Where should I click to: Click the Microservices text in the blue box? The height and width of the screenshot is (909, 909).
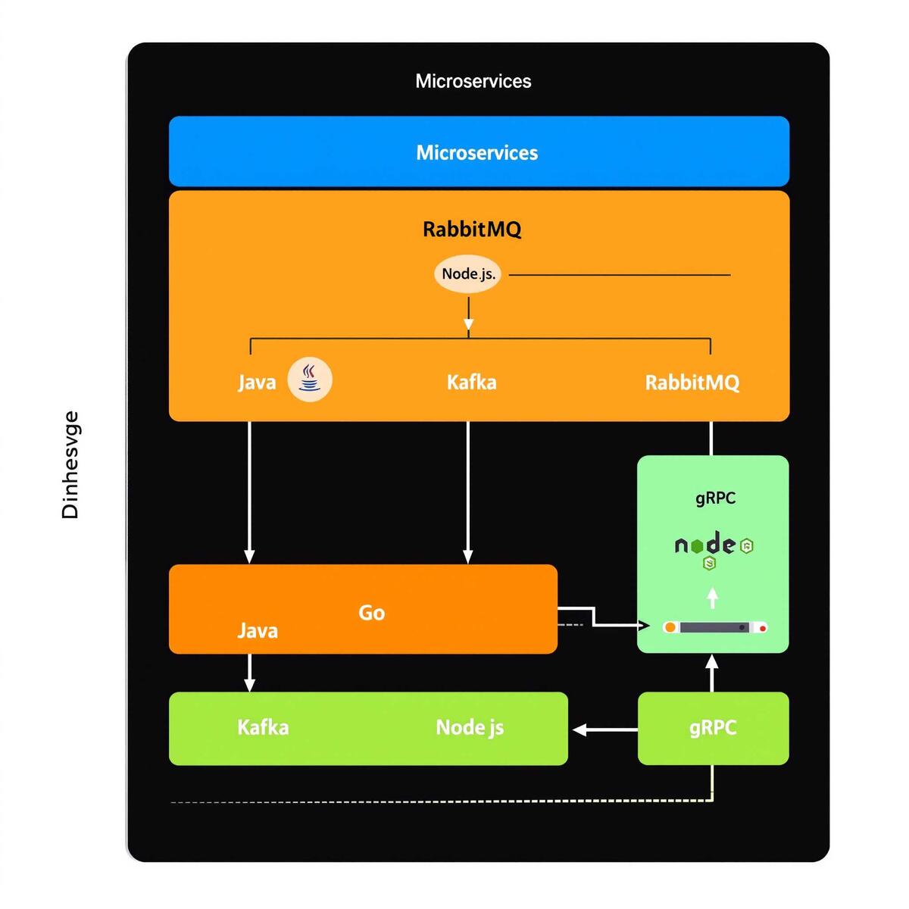tap(477, 152)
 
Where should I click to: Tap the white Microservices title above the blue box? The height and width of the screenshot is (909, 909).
tap(473, 81)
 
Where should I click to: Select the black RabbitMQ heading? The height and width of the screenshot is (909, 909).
tap(472, 229)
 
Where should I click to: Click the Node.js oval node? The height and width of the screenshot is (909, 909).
tap(468, 273)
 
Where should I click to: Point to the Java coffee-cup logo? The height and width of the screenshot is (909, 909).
tap(310, 379)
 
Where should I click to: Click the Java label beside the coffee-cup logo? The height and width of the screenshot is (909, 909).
tap(257, 382)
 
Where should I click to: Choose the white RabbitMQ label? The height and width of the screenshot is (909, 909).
tap(692, 382)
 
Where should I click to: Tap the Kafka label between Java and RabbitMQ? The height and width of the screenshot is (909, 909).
tap(471, 382)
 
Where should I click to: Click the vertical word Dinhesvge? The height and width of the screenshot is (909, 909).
tap(70, 464)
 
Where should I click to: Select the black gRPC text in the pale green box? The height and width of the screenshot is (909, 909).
tap(715, 498)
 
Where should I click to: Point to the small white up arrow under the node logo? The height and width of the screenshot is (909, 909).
tap(712, 598)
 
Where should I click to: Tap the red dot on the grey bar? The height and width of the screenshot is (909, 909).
tap(763, 628)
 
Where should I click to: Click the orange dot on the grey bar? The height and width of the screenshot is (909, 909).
tap(670, 628)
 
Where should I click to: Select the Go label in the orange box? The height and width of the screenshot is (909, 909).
tap(371, 612)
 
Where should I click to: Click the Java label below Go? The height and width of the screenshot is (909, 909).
tap(258, 630)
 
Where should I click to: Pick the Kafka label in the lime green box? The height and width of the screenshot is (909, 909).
tap(263, 727)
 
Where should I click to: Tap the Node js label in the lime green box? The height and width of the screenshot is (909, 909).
tap(470, 727)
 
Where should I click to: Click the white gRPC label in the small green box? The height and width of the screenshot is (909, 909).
tap(713, 727)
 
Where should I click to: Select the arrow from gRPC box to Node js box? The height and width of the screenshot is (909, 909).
tap(605, 729)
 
